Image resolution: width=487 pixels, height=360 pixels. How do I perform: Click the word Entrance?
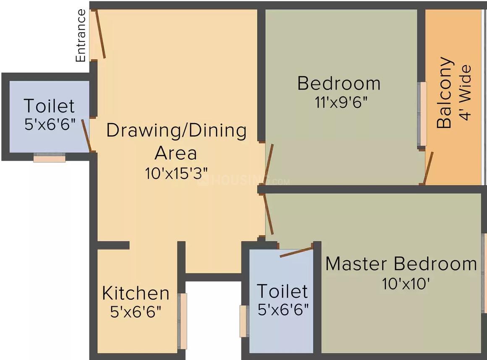click(x=81, y=36)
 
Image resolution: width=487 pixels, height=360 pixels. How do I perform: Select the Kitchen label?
click(x=136, y=293)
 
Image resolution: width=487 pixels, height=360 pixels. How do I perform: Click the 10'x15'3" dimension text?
click(x=177, y=173)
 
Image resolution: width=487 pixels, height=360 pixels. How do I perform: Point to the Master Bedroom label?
click(x=401, y=264)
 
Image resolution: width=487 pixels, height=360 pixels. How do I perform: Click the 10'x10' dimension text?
click(x=405, y=284)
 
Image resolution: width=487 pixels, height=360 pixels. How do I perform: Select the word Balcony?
click(x=445, y=92)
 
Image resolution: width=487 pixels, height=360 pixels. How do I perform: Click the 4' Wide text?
click(x=466, y=92)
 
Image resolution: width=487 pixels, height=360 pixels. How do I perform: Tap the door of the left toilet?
click(x=86, y=135)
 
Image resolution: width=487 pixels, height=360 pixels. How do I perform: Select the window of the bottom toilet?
click(x=243, y=321)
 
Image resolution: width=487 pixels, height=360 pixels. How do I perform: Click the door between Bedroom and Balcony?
click(x=428, y=168)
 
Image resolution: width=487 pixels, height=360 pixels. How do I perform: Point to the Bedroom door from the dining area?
click(x=269, y=162)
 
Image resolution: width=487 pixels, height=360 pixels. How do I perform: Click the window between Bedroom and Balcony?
click(x=422, y=114)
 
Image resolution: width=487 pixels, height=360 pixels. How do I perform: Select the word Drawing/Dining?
click(x=176, y=131)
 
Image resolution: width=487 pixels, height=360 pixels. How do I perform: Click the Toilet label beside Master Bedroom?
click(x=282, y=291)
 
